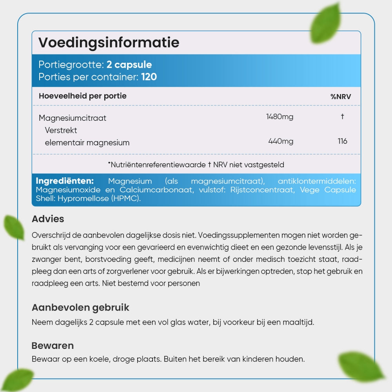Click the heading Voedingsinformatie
click(x=109, y=42)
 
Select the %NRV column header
click(x=341, y=96)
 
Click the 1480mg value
click(x=279, y=116)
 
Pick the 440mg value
click(x=281, y=141)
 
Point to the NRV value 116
click(x=342, y=141)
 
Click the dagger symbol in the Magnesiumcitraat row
click(x=342, y=116)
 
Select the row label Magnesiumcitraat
click(x=73, y=118)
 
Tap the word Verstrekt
click(x=61, y=130)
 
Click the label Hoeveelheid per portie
click(x=83, y=96)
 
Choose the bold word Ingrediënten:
click(x=65, y=181)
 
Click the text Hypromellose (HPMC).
click(x=99, y=199)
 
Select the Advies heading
click(x=48, y=219)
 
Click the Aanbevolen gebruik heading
click(x=80, y=307)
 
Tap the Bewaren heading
click(x=53, y=346)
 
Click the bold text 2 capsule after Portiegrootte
click(x=129, y=65)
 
